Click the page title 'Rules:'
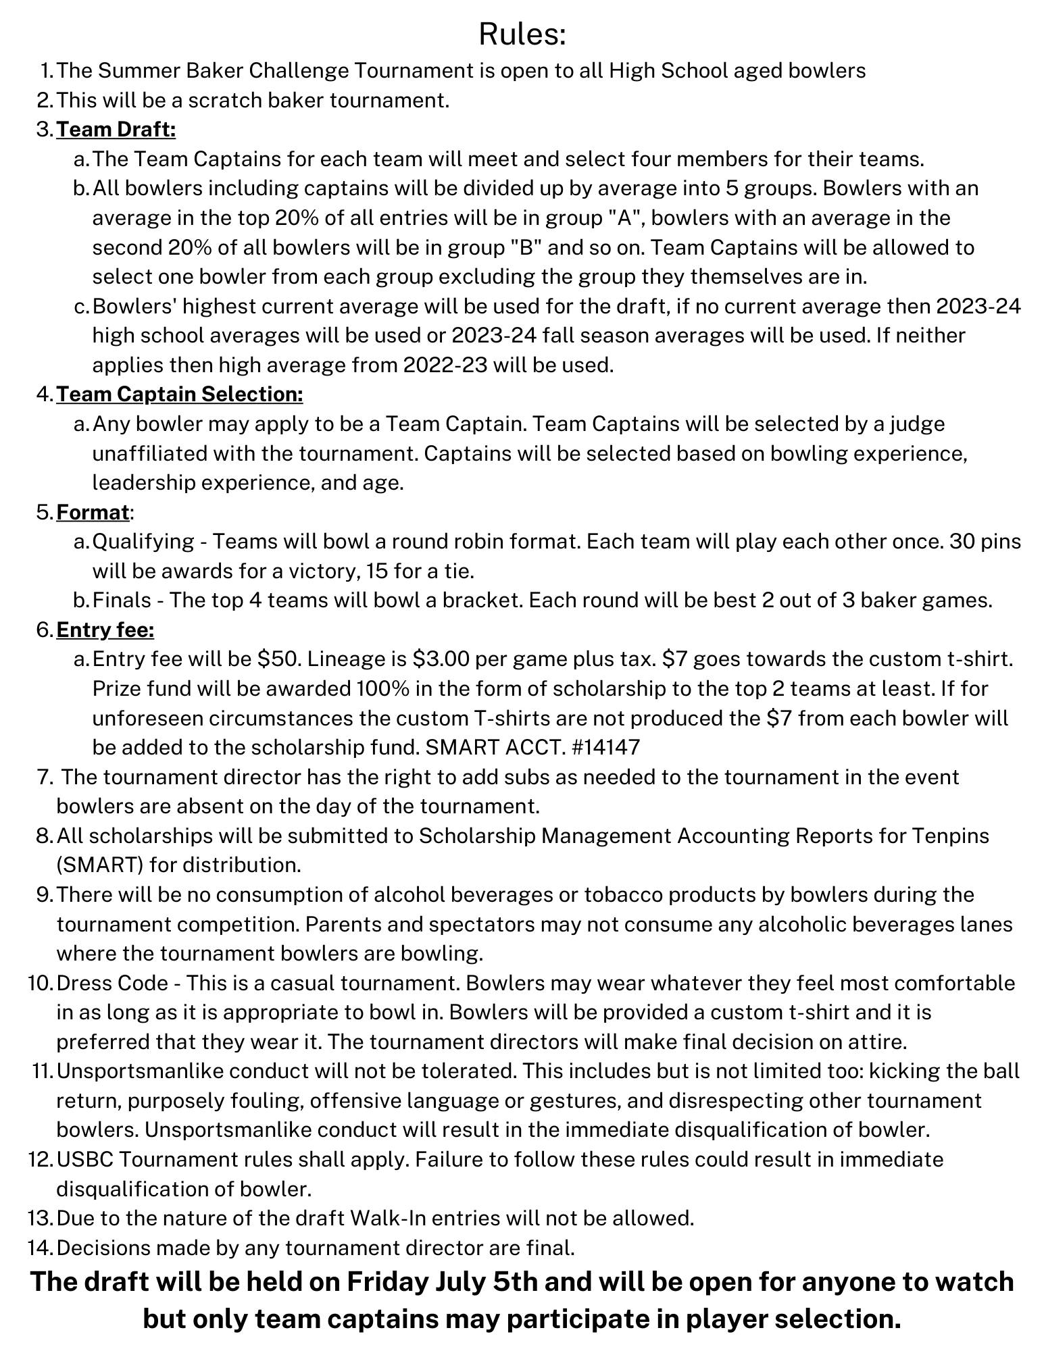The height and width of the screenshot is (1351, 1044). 522,34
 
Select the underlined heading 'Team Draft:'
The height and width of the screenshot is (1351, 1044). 116,129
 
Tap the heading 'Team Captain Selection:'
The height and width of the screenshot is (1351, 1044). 179,394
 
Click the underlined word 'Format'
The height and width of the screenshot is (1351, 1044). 93,512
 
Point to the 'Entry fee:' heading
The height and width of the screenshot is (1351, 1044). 105,630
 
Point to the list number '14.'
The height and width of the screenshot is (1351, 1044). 40,1248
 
